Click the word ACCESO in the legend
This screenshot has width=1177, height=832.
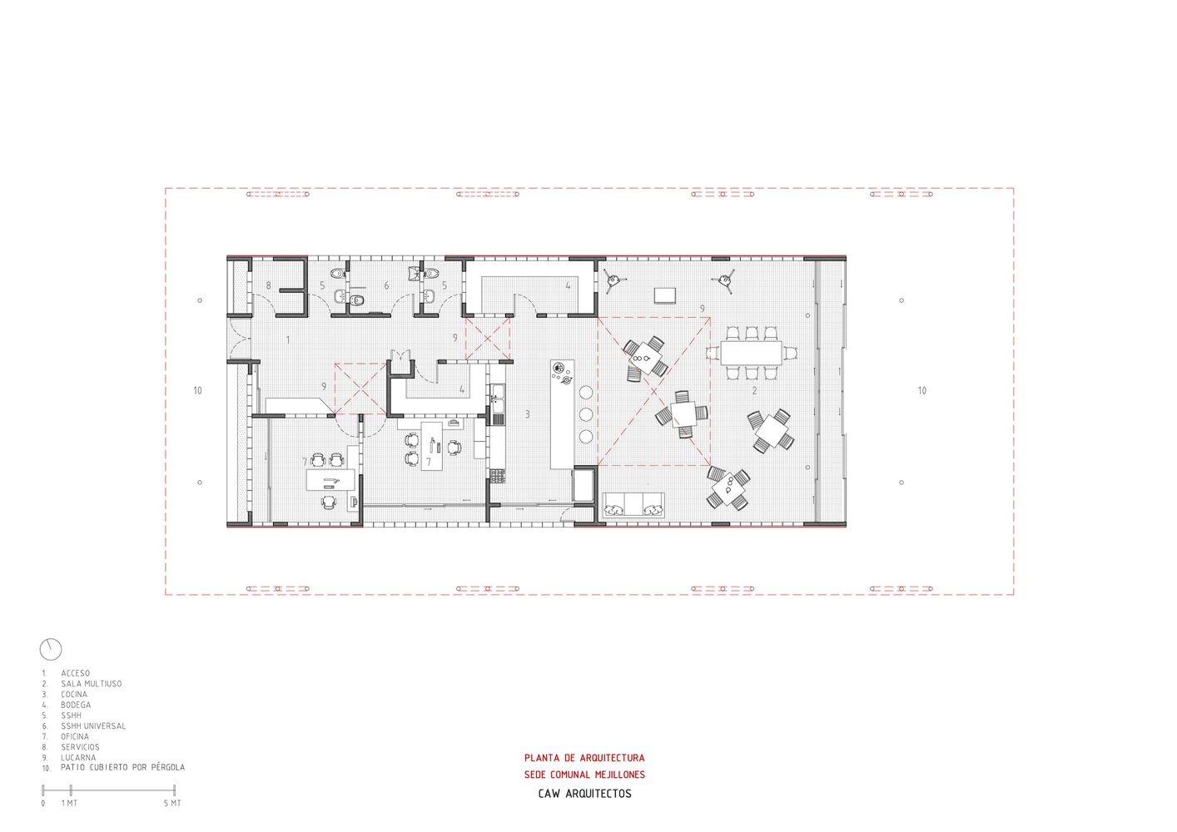(75, 673)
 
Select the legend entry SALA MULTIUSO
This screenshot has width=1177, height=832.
(91, 684)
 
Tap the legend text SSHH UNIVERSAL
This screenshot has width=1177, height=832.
(92, 726)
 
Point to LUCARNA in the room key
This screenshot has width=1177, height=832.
(78, 757)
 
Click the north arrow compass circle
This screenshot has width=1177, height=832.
(51, 649)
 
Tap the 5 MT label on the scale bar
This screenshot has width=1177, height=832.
(171, 803)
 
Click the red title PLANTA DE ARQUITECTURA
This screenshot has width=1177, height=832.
(584, 758)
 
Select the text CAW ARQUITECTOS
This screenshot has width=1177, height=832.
(584, 794)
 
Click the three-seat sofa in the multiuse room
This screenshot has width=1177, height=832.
(633, 504)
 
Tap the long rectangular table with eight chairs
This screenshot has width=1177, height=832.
(751, 354)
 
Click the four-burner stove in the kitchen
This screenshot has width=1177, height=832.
(498, 476)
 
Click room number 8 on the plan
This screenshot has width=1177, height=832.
(268, 285)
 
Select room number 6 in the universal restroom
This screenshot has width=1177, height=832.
(386, 285)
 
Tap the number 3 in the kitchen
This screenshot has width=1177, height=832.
(527, 414)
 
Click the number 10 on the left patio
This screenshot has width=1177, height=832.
(197, 390)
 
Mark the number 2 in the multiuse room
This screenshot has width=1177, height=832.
(754, 390)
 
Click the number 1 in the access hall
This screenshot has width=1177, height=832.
(288, 339)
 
